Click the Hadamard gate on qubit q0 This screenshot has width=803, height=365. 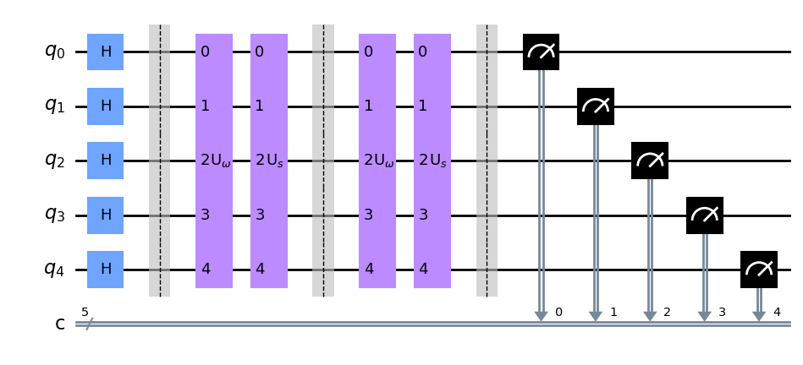(x=106, y=52)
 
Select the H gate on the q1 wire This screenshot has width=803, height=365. (x=106, y=106)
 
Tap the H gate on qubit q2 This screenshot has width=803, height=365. (x=106, y=161)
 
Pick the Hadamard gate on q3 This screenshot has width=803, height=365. (x=106, y=215)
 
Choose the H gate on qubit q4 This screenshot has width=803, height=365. (x=106, y=270)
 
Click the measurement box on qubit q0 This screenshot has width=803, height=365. (x=541, y=52)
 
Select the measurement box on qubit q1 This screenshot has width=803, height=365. (x=596, y=106)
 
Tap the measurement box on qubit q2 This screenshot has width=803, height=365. (x=650, y=161)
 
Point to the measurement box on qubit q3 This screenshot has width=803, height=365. (x=704, y=215)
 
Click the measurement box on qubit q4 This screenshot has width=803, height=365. (x=759, y=270)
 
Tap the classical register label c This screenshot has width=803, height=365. (x=60, y=324)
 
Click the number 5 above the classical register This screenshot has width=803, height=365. (x=84, y=312)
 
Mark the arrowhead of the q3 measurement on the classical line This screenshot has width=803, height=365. (x=704, y=316)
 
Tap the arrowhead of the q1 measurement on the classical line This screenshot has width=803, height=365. (x=596, y=316)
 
